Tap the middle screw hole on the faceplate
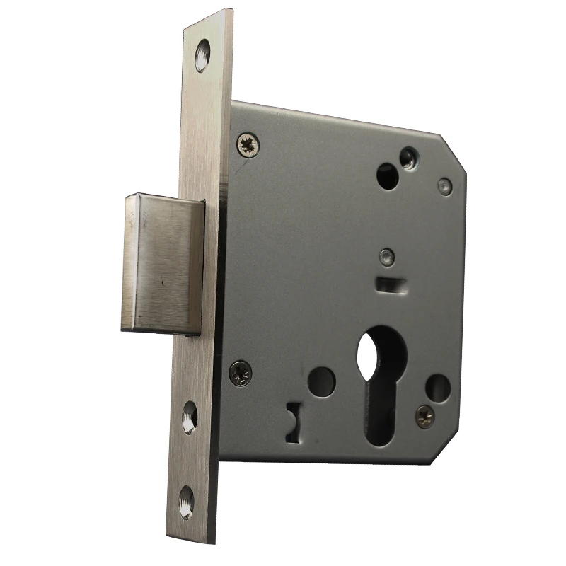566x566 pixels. click(190, 417)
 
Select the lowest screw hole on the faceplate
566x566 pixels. click(187, 502)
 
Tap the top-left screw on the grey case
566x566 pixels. click(248, 144)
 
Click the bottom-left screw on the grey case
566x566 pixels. click(240, 371)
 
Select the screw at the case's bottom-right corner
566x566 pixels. click(425, 417)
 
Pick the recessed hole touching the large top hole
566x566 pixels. click(408, 157)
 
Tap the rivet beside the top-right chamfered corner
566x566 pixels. click(444, 186)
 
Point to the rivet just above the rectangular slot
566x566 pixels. click(385, 258)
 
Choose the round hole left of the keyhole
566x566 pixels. click(322, 381)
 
